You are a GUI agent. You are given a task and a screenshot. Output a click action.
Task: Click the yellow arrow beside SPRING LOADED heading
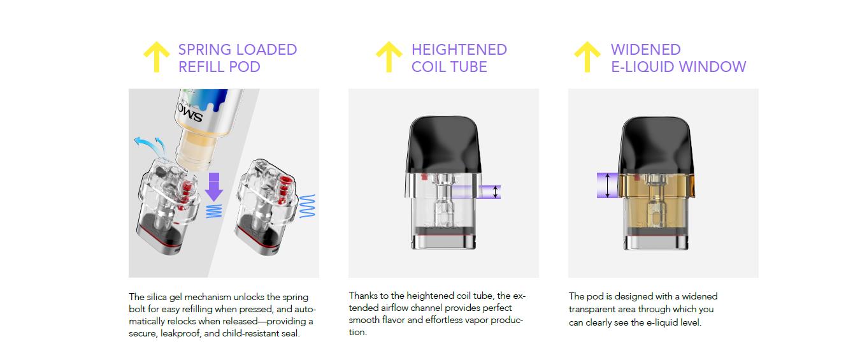[156, 57]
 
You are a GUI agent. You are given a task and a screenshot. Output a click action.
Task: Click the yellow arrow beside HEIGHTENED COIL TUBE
[389, 57]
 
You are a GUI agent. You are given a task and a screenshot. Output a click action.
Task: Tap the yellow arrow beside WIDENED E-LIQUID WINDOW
[587, 57]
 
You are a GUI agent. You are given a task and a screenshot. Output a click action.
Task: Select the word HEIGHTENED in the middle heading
[459, 50]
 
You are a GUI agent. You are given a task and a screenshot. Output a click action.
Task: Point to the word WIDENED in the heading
[645, 50]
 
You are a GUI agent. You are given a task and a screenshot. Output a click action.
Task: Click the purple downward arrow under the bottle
[214, 186]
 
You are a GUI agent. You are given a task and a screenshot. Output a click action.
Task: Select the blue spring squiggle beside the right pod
[308, 206]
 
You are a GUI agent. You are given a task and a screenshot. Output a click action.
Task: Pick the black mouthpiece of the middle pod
[444, 143]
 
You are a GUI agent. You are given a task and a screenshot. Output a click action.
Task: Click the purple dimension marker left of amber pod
[608, 185]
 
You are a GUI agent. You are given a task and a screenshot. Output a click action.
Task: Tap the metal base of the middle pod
[444, 242]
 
